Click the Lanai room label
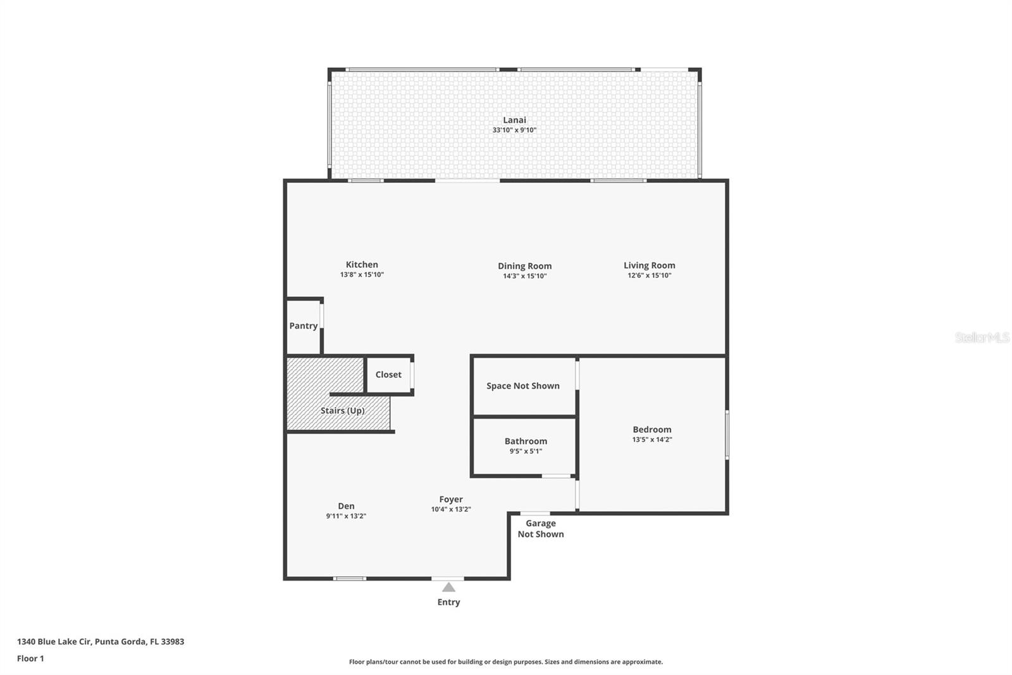514,120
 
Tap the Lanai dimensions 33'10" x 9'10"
514,130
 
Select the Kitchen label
362,265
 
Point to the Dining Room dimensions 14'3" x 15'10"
524,276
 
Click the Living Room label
649,265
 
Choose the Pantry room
304,325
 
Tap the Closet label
388,374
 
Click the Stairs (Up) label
342,410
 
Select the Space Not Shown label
522,386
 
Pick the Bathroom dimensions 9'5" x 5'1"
526,451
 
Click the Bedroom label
651,429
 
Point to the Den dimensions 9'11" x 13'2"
346,516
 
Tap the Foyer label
451,499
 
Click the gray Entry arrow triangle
448,587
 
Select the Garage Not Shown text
541,528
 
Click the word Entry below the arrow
448,602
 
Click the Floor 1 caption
30,659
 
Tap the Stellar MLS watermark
982,337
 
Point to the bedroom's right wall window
727,434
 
